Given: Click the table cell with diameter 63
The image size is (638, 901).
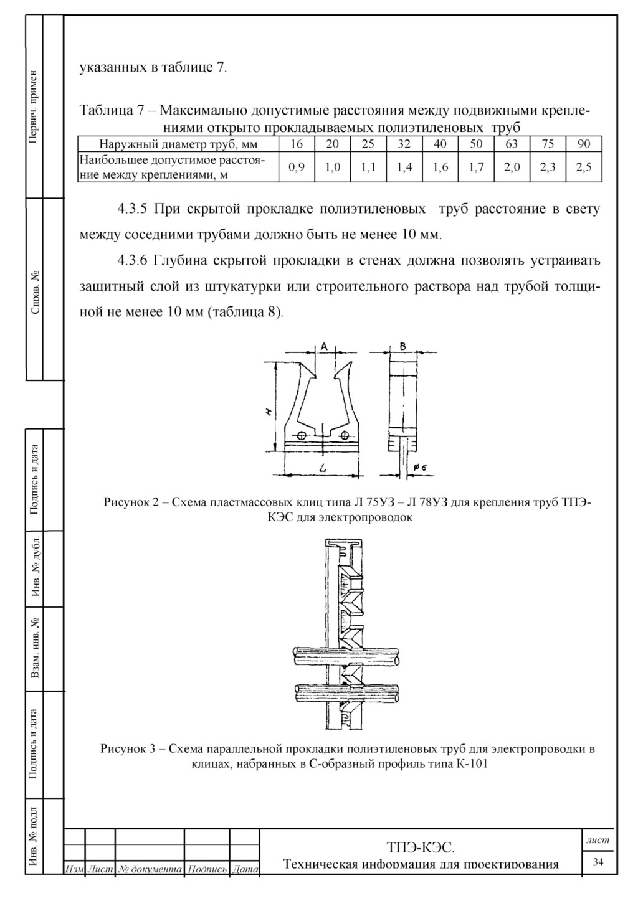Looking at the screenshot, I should (x=512, y=144).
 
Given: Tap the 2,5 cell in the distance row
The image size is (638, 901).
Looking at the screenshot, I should (x=584, y=167).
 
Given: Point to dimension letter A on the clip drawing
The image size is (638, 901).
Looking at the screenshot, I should (x=324, y=345).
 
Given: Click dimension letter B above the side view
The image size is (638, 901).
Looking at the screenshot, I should (x=403, y=345).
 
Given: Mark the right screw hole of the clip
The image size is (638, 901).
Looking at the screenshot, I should (x=343, y=435).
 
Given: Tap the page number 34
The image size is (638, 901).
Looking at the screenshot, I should (x=598, y=862).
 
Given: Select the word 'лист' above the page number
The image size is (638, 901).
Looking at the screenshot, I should (x=598, y=840).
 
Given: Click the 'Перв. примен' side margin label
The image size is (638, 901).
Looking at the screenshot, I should (x=35, y=106).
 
